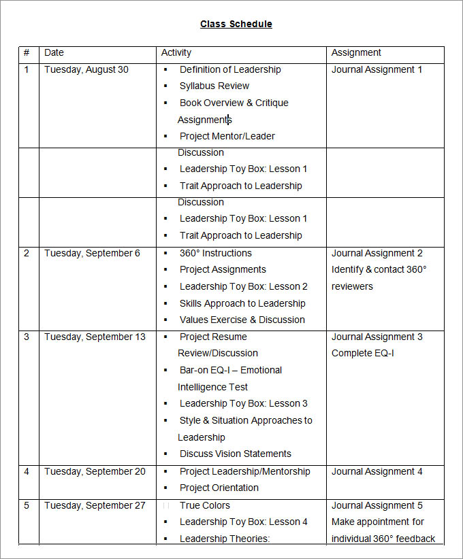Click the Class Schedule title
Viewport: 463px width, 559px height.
(x=236, y=24)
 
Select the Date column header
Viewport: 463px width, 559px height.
(x=54, y=52)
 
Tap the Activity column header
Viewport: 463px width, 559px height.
(x=176, y=52)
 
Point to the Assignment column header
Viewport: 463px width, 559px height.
(x=356, y=52)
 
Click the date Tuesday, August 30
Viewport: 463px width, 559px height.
(x=86, y=69)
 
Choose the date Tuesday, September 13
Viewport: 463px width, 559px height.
(x=95, y=337)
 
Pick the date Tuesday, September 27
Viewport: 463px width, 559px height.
(x=95, y=505)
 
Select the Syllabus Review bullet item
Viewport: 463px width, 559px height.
(x=214, y=86)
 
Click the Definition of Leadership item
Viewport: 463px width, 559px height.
(x=229, y=69)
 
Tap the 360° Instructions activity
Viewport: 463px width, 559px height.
(x=215, y=253)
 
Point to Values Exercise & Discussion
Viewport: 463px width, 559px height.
(x=242, y=320)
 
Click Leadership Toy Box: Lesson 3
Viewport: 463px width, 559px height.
(x=243, y=403)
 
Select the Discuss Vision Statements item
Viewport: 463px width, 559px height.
(x=235, y=454)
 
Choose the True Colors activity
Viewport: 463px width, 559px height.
(x=204, y=505)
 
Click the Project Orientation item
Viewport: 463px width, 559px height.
(x=219, y=488)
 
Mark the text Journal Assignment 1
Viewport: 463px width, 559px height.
(x=377, y=69)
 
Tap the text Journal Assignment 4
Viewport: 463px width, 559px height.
(x=377, y=471)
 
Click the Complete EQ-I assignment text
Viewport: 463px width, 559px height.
(x=362, y=353)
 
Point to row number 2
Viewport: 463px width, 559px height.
(x=27, y=253)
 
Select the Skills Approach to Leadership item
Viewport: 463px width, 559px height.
(x=242, y=303)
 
